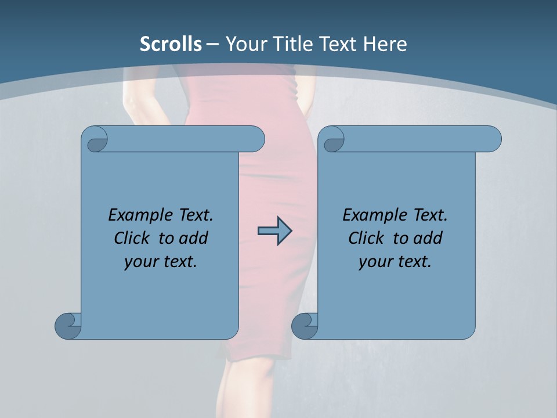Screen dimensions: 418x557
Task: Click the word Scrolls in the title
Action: tap(171, 44)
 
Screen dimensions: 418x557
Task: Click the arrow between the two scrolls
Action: tap(274, 231)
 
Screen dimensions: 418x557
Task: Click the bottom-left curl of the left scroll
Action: tap(67, 325)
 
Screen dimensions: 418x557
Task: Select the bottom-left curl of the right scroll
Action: tap(304, 325)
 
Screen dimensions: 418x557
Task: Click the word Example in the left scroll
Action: tap(137, 215)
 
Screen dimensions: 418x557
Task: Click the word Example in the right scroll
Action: tap(371, 215)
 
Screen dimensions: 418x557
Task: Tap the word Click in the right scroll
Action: tap(366, 238)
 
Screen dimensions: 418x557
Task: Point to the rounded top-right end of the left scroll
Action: tap(255, 139)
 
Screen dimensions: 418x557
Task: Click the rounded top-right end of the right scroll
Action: tap(492, 139)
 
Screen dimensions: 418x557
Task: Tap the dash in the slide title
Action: tap(213, 44)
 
